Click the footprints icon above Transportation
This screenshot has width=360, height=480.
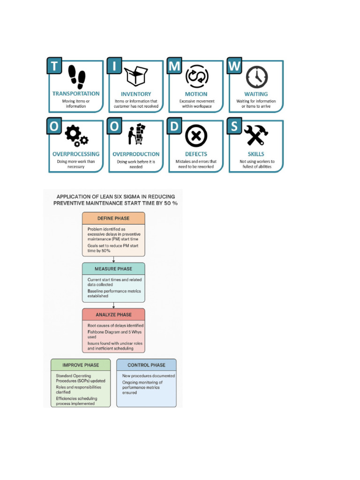tap(76, 77)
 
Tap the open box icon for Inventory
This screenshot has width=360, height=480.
tap(136, 76)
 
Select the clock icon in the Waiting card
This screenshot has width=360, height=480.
tap(256, 76)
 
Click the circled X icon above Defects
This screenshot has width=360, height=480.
tap(196, 136)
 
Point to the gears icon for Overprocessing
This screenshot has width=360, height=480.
tap(76, 136)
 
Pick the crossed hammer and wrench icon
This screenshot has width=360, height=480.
tap(256, 136)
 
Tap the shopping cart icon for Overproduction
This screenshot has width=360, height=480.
tap(136, 135)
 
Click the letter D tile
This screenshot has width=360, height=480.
tap(175, 127)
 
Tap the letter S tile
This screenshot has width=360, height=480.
tap(234, 127)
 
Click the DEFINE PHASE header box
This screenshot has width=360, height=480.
tap(113, 218)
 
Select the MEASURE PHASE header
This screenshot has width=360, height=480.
tap(113, 269)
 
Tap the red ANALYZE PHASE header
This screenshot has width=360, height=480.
tap(113, 315)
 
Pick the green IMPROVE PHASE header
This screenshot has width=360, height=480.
tap(81, 365)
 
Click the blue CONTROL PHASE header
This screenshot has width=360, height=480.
tap(147, 365)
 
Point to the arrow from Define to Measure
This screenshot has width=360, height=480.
tap(113, 259)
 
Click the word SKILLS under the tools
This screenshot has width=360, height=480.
tap(256, 154)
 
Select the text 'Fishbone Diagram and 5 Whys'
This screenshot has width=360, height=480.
tap(114, 332)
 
